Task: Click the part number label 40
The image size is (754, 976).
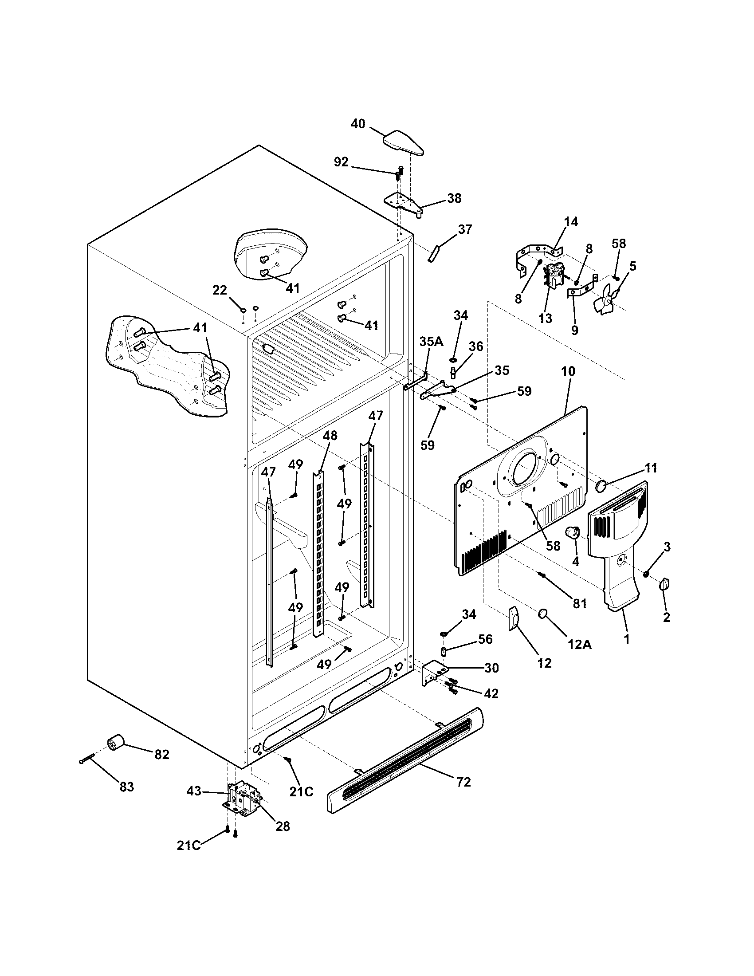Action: pos(358,124)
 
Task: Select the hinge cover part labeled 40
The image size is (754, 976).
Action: pos(403,143)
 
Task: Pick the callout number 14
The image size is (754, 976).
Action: pos(571,222)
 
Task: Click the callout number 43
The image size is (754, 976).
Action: pos(194,791)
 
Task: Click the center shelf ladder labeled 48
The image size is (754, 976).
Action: pos(318,554)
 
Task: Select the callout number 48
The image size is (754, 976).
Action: pos(330,435)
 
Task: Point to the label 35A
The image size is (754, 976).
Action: pos(431,342)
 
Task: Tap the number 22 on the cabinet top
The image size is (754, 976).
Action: pos(219,290)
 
